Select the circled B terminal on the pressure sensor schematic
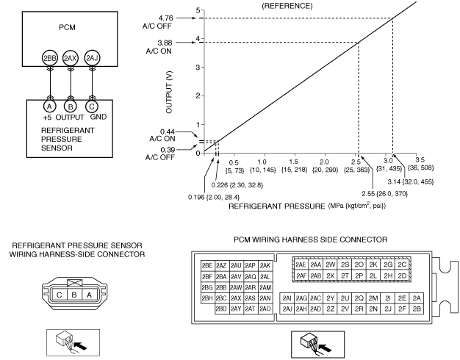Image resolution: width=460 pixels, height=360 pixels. pos(71,106)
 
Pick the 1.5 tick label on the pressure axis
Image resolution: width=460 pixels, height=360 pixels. pos(293,161)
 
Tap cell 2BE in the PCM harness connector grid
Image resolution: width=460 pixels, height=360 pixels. pos(206,265)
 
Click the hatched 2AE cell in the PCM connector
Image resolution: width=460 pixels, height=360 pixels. pos(300,264)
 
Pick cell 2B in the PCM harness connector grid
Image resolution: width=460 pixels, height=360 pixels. pos(417,309)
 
